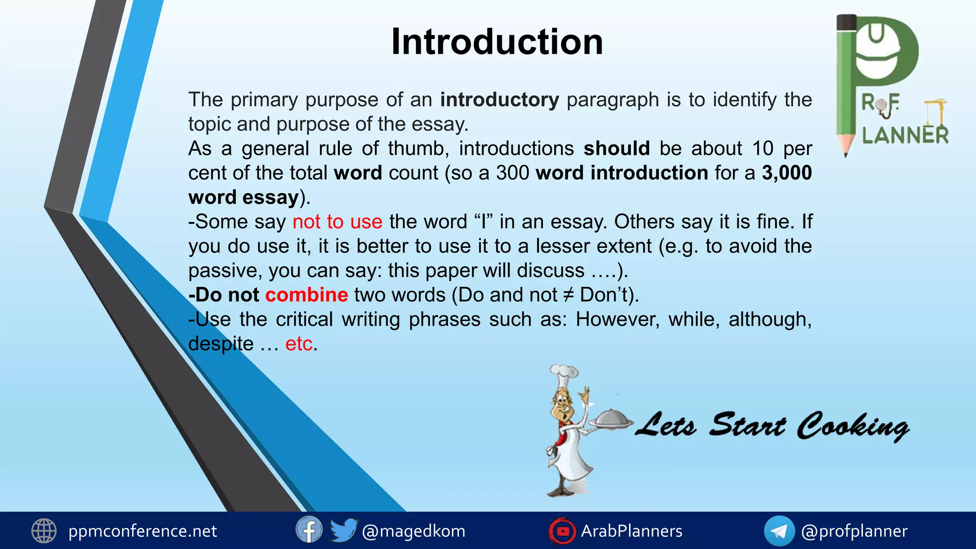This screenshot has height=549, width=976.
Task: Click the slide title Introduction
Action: (x=497, y=42)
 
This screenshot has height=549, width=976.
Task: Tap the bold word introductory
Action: (x=499, y=100)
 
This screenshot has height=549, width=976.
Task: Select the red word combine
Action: (x=306, y=295)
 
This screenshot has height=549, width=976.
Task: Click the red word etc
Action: (x=299, y=344)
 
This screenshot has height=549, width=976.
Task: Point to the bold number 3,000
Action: (x=787, y=173)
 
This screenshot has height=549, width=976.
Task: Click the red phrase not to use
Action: (x=337, y=222)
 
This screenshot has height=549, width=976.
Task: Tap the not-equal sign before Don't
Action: (x=568, y=295)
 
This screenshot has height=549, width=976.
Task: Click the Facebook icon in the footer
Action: (x=309, y=530)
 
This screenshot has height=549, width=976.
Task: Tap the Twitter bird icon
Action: (x=343, y=530)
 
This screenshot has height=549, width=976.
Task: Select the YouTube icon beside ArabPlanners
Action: (x=562, y=531)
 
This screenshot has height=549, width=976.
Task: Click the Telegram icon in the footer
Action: (x=779, y=531)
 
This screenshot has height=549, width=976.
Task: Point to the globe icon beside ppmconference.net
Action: (x=44, y=531)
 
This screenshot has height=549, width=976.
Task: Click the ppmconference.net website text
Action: (x=142, y=531)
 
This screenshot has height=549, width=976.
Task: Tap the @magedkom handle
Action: (x=414, y=531)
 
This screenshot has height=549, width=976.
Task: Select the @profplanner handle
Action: (x=854, y=531)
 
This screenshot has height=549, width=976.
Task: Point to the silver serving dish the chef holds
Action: (x=612, y=420)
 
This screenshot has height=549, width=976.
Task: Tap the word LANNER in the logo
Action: (x=905, y=135)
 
